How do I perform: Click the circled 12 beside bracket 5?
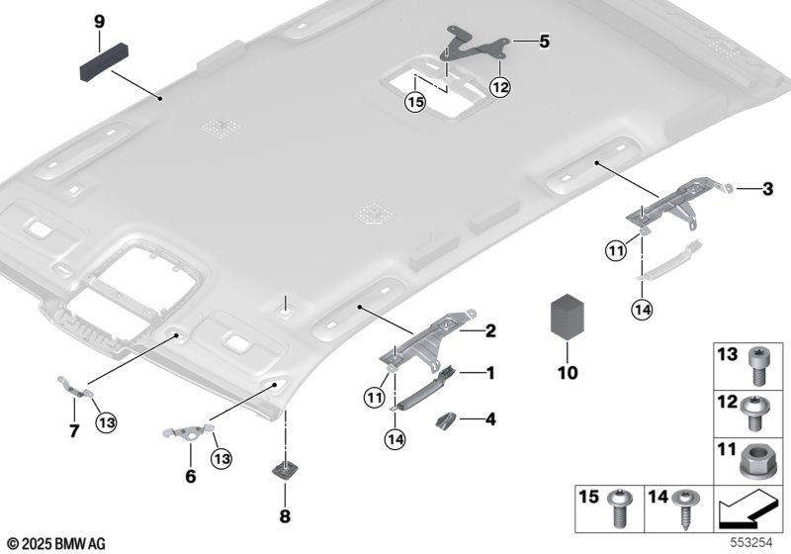[x=499, y=88]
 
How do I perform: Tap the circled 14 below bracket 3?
[x=643, y=309]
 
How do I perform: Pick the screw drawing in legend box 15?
[x=624, y=508]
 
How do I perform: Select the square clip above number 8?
[x=285, y=468]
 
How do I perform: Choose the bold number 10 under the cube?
[x=567, y=374]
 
